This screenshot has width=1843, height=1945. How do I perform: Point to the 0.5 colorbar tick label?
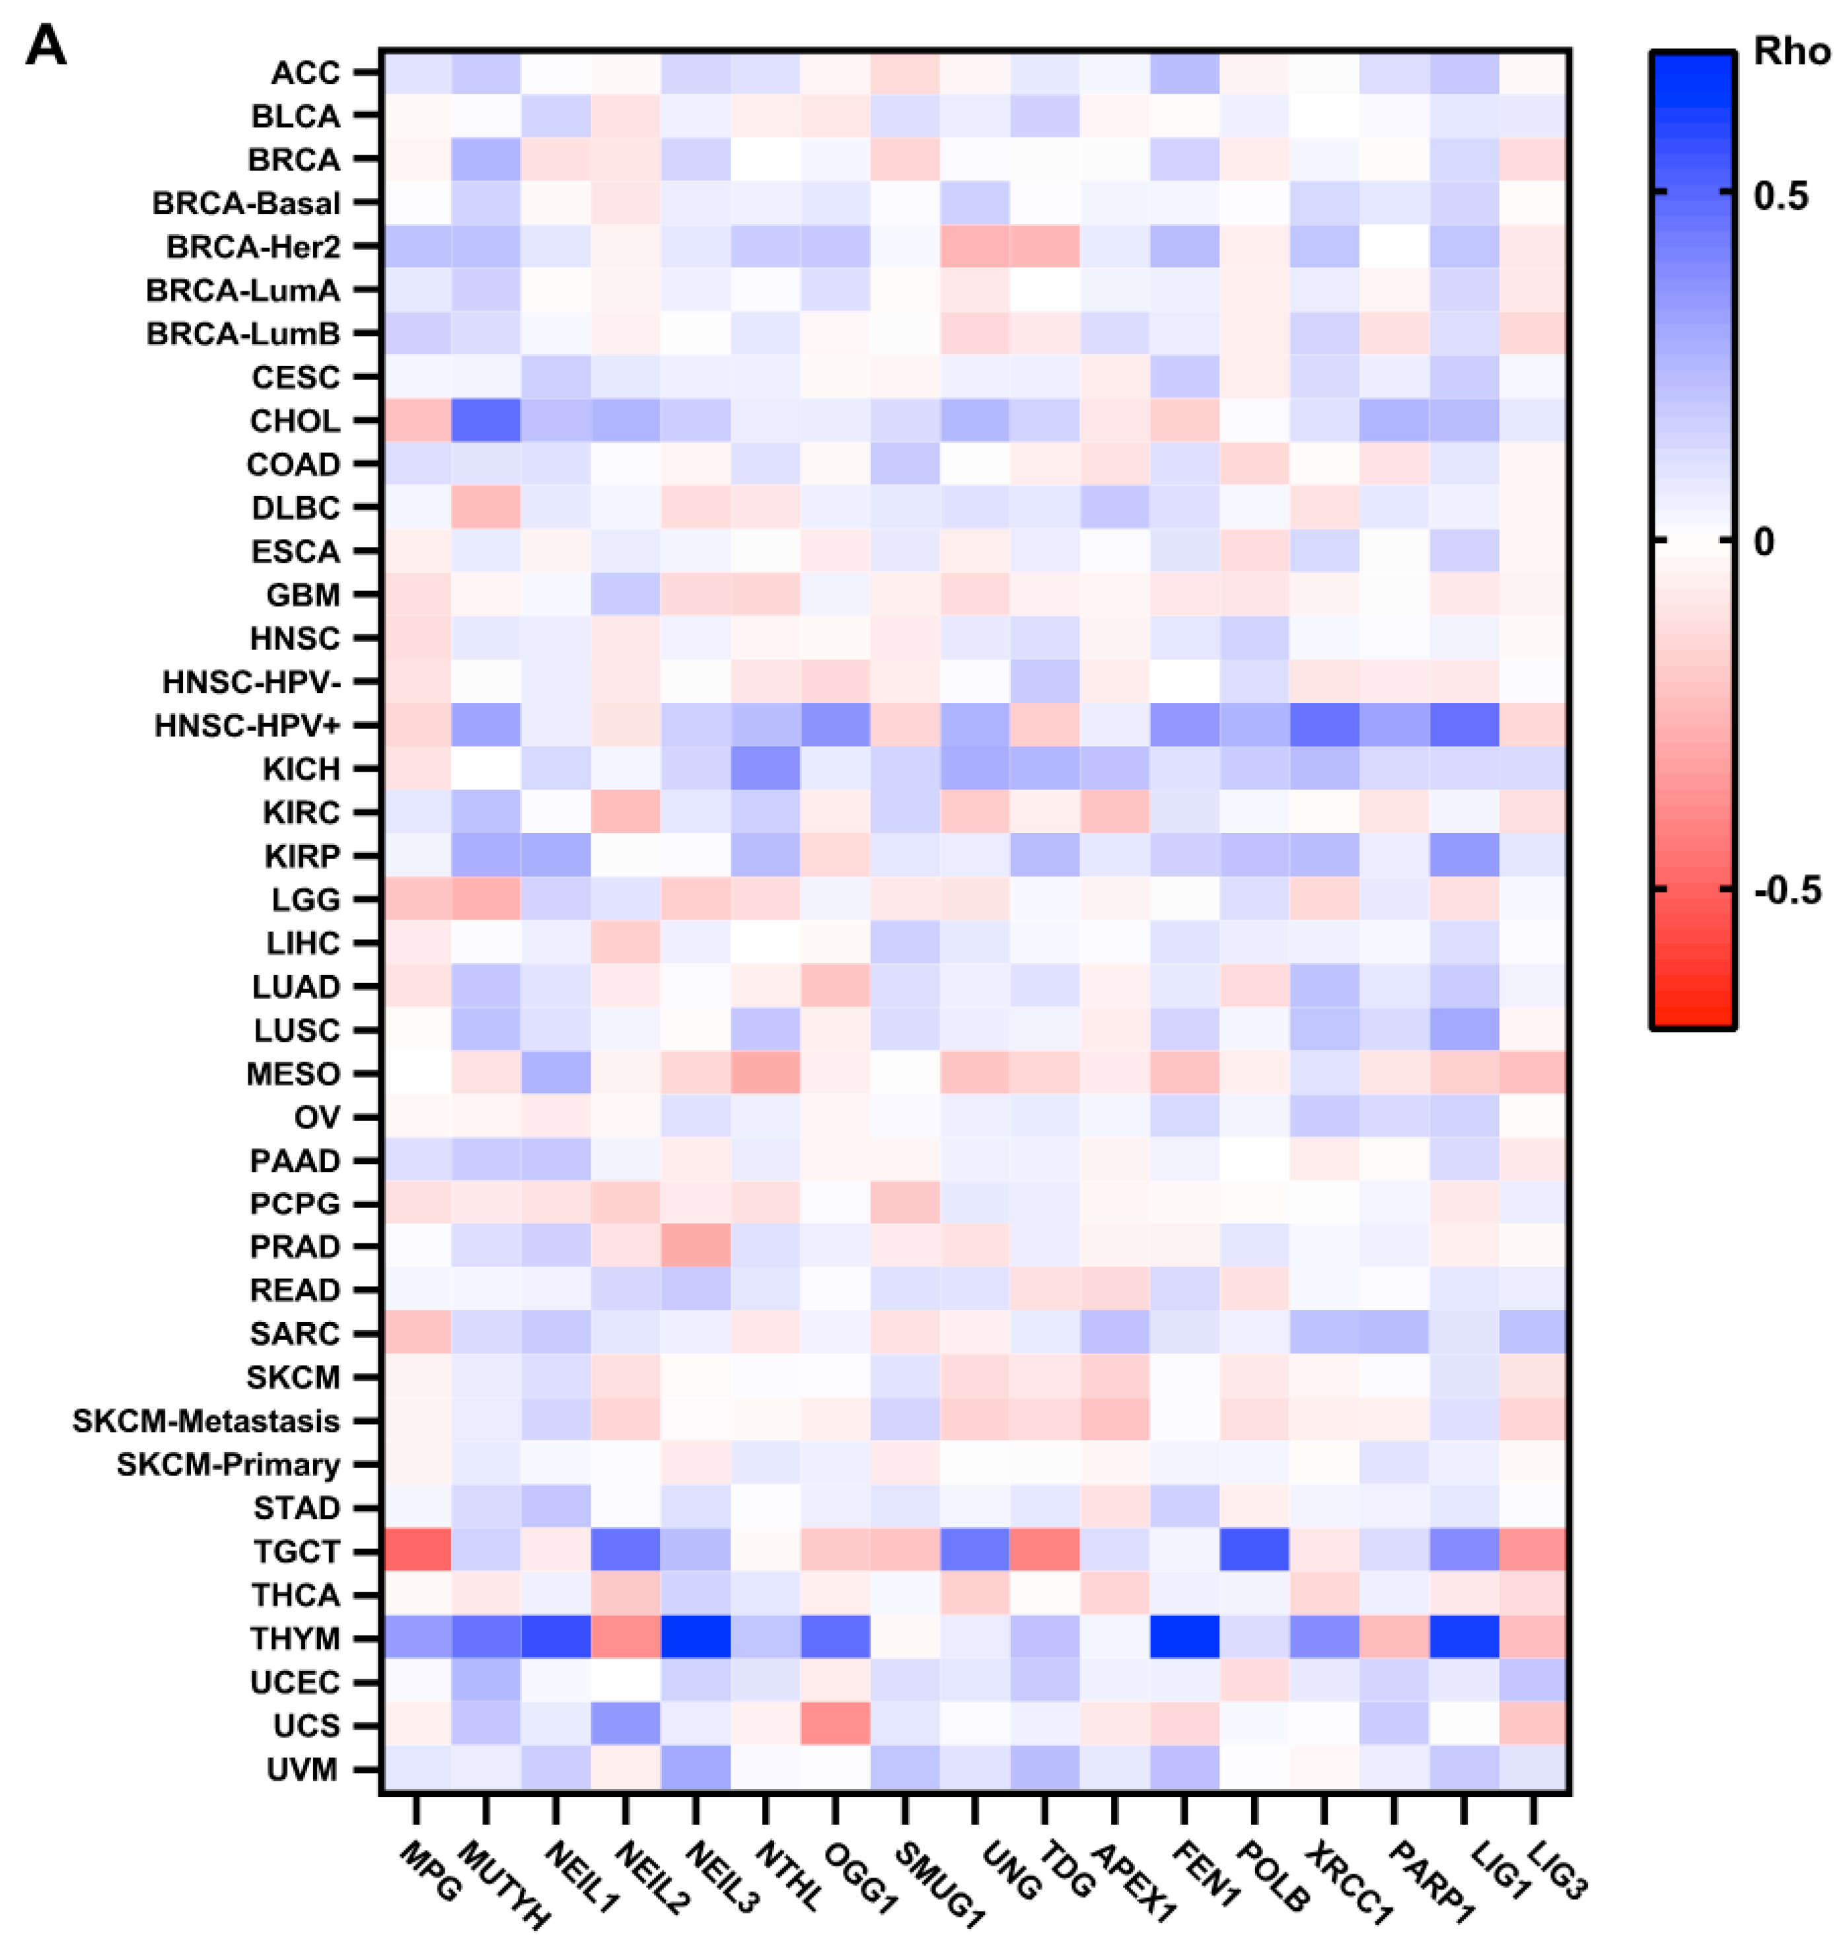[1780, 196]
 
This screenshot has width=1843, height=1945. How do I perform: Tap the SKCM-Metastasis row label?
[205, 1420]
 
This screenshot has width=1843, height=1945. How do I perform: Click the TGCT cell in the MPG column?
[417, 1551]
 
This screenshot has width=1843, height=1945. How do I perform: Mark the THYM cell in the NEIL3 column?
[696, 1638]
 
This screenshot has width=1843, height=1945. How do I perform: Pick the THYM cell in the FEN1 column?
[1185, 1638]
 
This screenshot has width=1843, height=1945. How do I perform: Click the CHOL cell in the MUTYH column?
[486, 420]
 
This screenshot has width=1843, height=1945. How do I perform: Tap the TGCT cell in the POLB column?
[1254, 1551]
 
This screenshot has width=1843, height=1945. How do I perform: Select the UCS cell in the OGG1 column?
[835, 1725]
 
